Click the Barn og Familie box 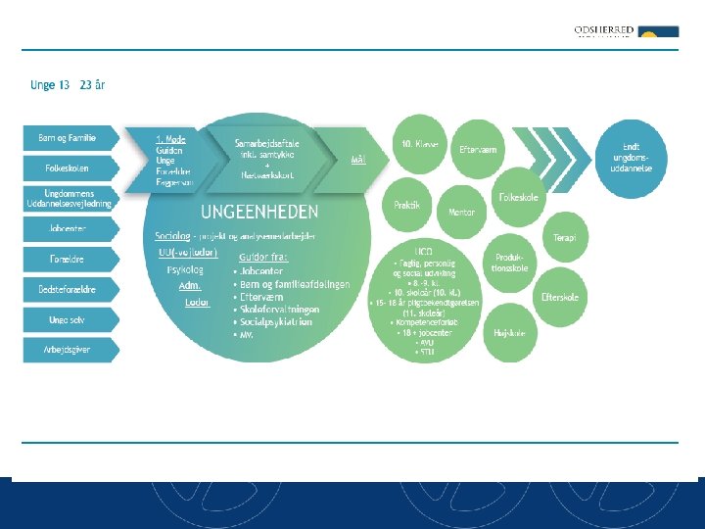tap(68, 138)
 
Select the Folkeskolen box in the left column tap(68, 168)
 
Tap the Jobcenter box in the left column tap(68, 229)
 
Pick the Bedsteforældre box tap(68, 290)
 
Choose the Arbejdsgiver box tap(68, 350)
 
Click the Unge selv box tap(68, 319)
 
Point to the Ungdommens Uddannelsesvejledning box tap(68, 199)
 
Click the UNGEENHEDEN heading tap(259, 212)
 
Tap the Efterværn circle tap(478, 150)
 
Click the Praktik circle tap(407, 205)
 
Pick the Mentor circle tap(460, 212)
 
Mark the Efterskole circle tap(560, 297)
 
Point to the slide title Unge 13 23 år tap(68, 85)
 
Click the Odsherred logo tap(626, 32)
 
